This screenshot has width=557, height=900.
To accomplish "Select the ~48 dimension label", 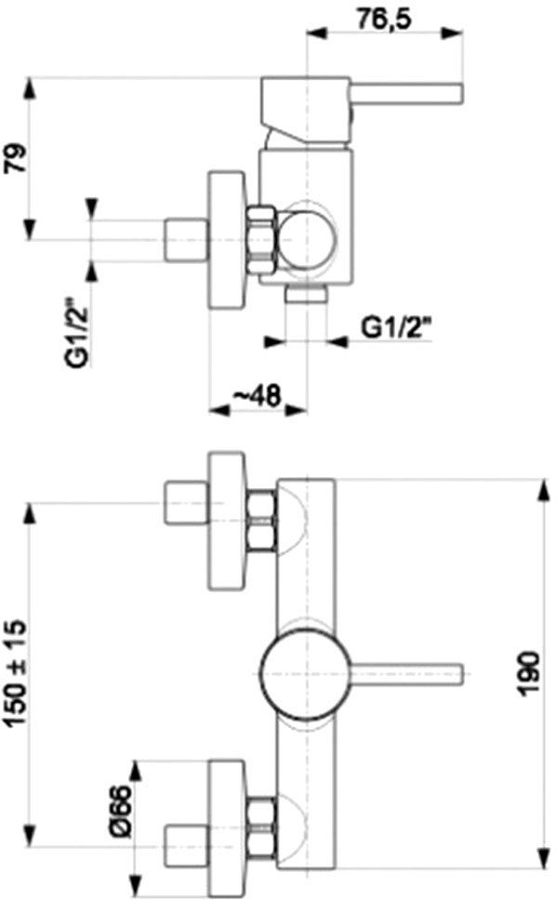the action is [258, 395].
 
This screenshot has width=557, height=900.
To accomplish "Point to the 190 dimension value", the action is [528, 673].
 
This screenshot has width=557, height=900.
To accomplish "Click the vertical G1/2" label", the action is [76, 333].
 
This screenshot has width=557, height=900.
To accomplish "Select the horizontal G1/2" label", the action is [397, 328].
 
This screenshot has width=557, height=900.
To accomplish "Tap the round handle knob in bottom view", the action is [304, 673].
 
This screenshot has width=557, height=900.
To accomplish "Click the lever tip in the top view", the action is [458, 94].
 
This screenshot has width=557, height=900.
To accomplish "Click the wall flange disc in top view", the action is [227, 240].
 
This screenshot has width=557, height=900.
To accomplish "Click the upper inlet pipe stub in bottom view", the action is [185, 503].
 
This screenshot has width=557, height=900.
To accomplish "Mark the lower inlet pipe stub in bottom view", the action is [185, 846].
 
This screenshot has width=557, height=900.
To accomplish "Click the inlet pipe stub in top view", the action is [185, 240].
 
